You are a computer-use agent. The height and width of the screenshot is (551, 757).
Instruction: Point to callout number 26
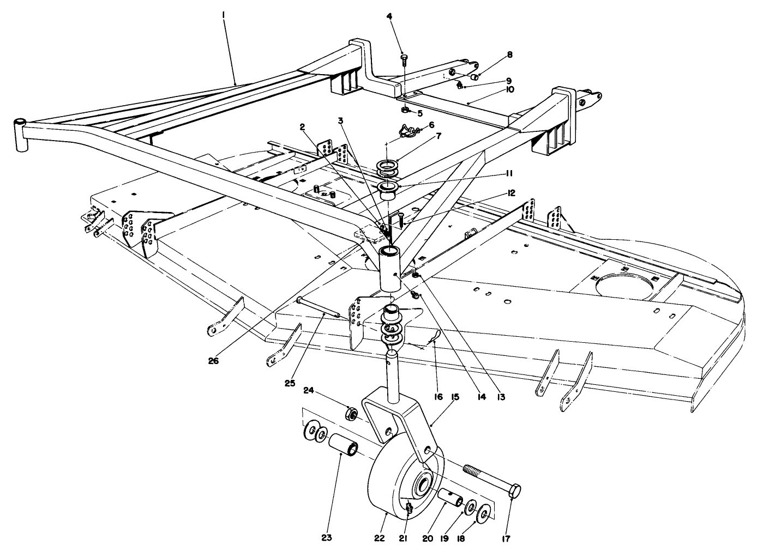[213, 360]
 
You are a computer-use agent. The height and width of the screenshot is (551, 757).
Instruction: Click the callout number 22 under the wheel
[380, 538]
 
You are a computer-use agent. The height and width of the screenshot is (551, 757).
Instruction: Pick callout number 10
[509, 89]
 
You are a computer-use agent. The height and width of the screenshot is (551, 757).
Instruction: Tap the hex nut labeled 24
[352, 415]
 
